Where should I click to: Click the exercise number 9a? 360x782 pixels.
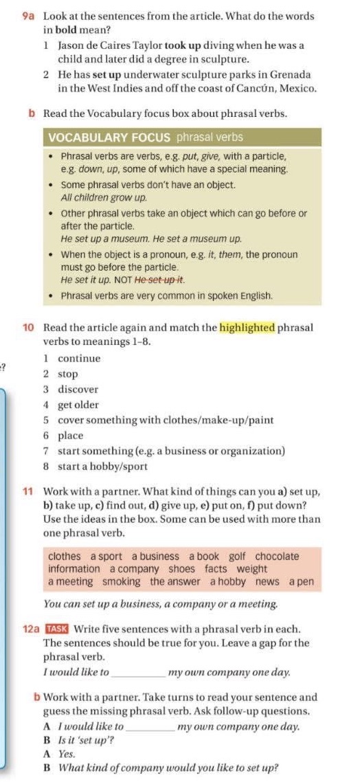pos(28,16)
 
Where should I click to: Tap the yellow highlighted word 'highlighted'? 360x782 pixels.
pos(247,327)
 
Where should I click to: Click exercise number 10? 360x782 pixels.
pos(29,327)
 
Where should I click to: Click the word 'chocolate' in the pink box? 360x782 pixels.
pos(277,556)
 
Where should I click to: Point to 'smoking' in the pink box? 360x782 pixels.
pos(121,581)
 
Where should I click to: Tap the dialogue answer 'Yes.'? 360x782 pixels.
pos(67,754)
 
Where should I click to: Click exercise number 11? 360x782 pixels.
pos(28,492)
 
